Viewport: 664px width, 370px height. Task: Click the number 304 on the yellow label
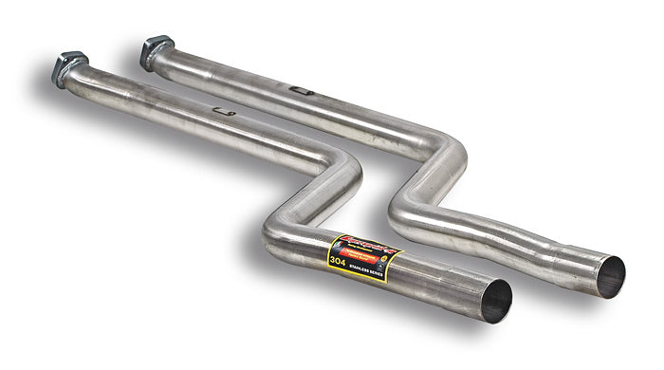(x=337, y=258)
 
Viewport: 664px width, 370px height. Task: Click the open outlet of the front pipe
(x=495, y=301)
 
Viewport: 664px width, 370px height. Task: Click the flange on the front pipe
(x=70, y=69)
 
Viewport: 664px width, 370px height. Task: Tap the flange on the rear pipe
(x=157, y=51)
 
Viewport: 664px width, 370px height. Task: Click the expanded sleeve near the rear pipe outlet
(x=569, y=261)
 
